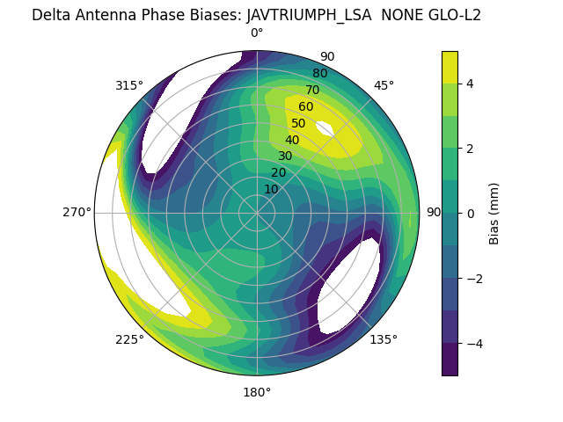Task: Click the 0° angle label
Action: click(x=257, y=33)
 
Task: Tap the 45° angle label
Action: click(x=384, y=85)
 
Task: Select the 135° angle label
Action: click(x=384, y=339)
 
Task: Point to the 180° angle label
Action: click(x=257, y=392)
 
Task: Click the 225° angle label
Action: click(x=129, y=340)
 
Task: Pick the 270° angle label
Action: click(x=77, y=213)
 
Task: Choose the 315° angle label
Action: click(x=129, y=85)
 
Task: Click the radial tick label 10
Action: click(x=271, y=189)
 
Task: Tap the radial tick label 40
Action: click(x=292, y=140)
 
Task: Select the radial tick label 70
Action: click(x=312, y=90)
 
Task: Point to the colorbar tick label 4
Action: click(x=470, y=84)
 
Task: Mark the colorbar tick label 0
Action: click(x=470, y=214)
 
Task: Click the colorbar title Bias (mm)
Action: click(x=494, y=214)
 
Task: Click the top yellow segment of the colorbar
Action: click(x=450, y=67)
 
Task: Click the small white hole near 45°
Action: click(x=323, y=128)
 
